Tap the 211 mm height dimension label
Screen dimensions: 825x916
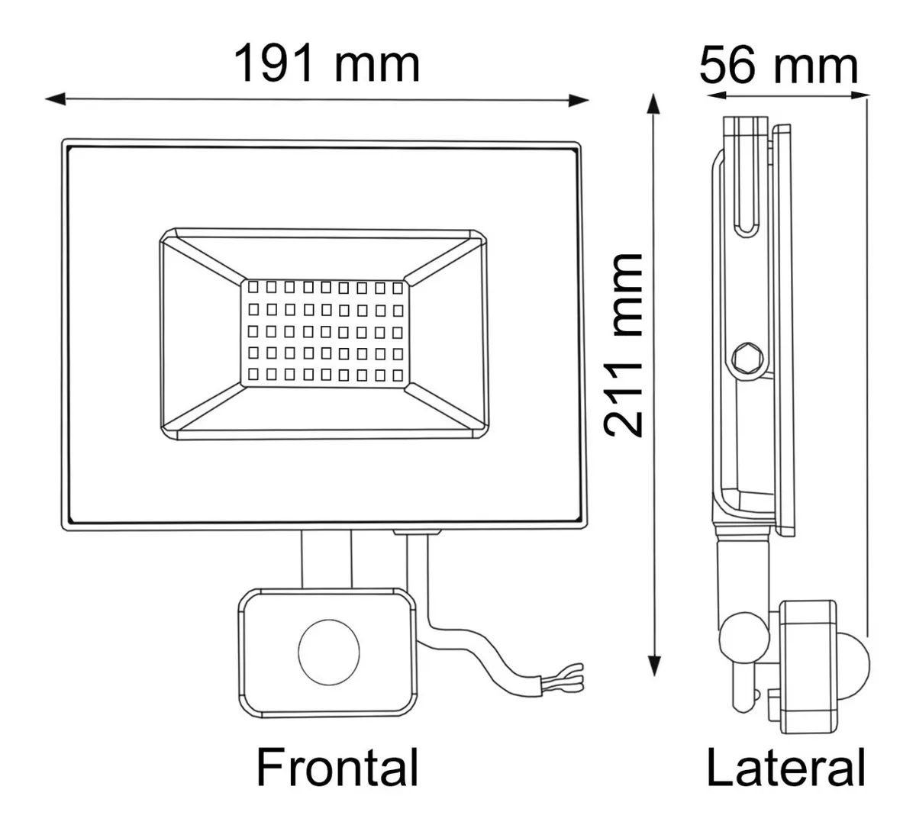pos(624,344)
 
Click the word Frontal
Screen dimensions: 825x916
pos(337,768)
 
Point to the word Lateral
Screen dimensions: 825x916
pos(785,768)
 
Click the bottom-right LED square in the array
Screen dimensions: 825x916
pos(396,375)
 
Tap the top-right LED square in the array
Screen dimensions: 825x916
pos(396,288)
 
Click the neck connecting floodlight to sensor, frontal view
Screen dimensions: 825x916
pos(326,559)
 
